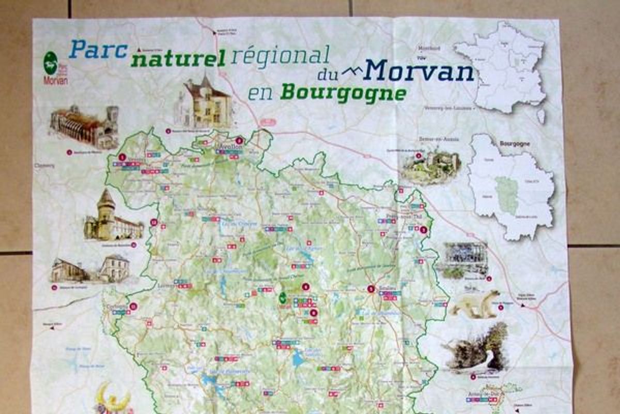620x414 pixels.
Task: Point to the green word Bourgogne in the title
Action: [x=343, y=93]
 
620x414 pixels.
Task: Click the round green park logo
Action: [x=50, y=62]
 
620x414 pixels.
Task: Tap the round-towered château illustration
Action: [x=112, y=218]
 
